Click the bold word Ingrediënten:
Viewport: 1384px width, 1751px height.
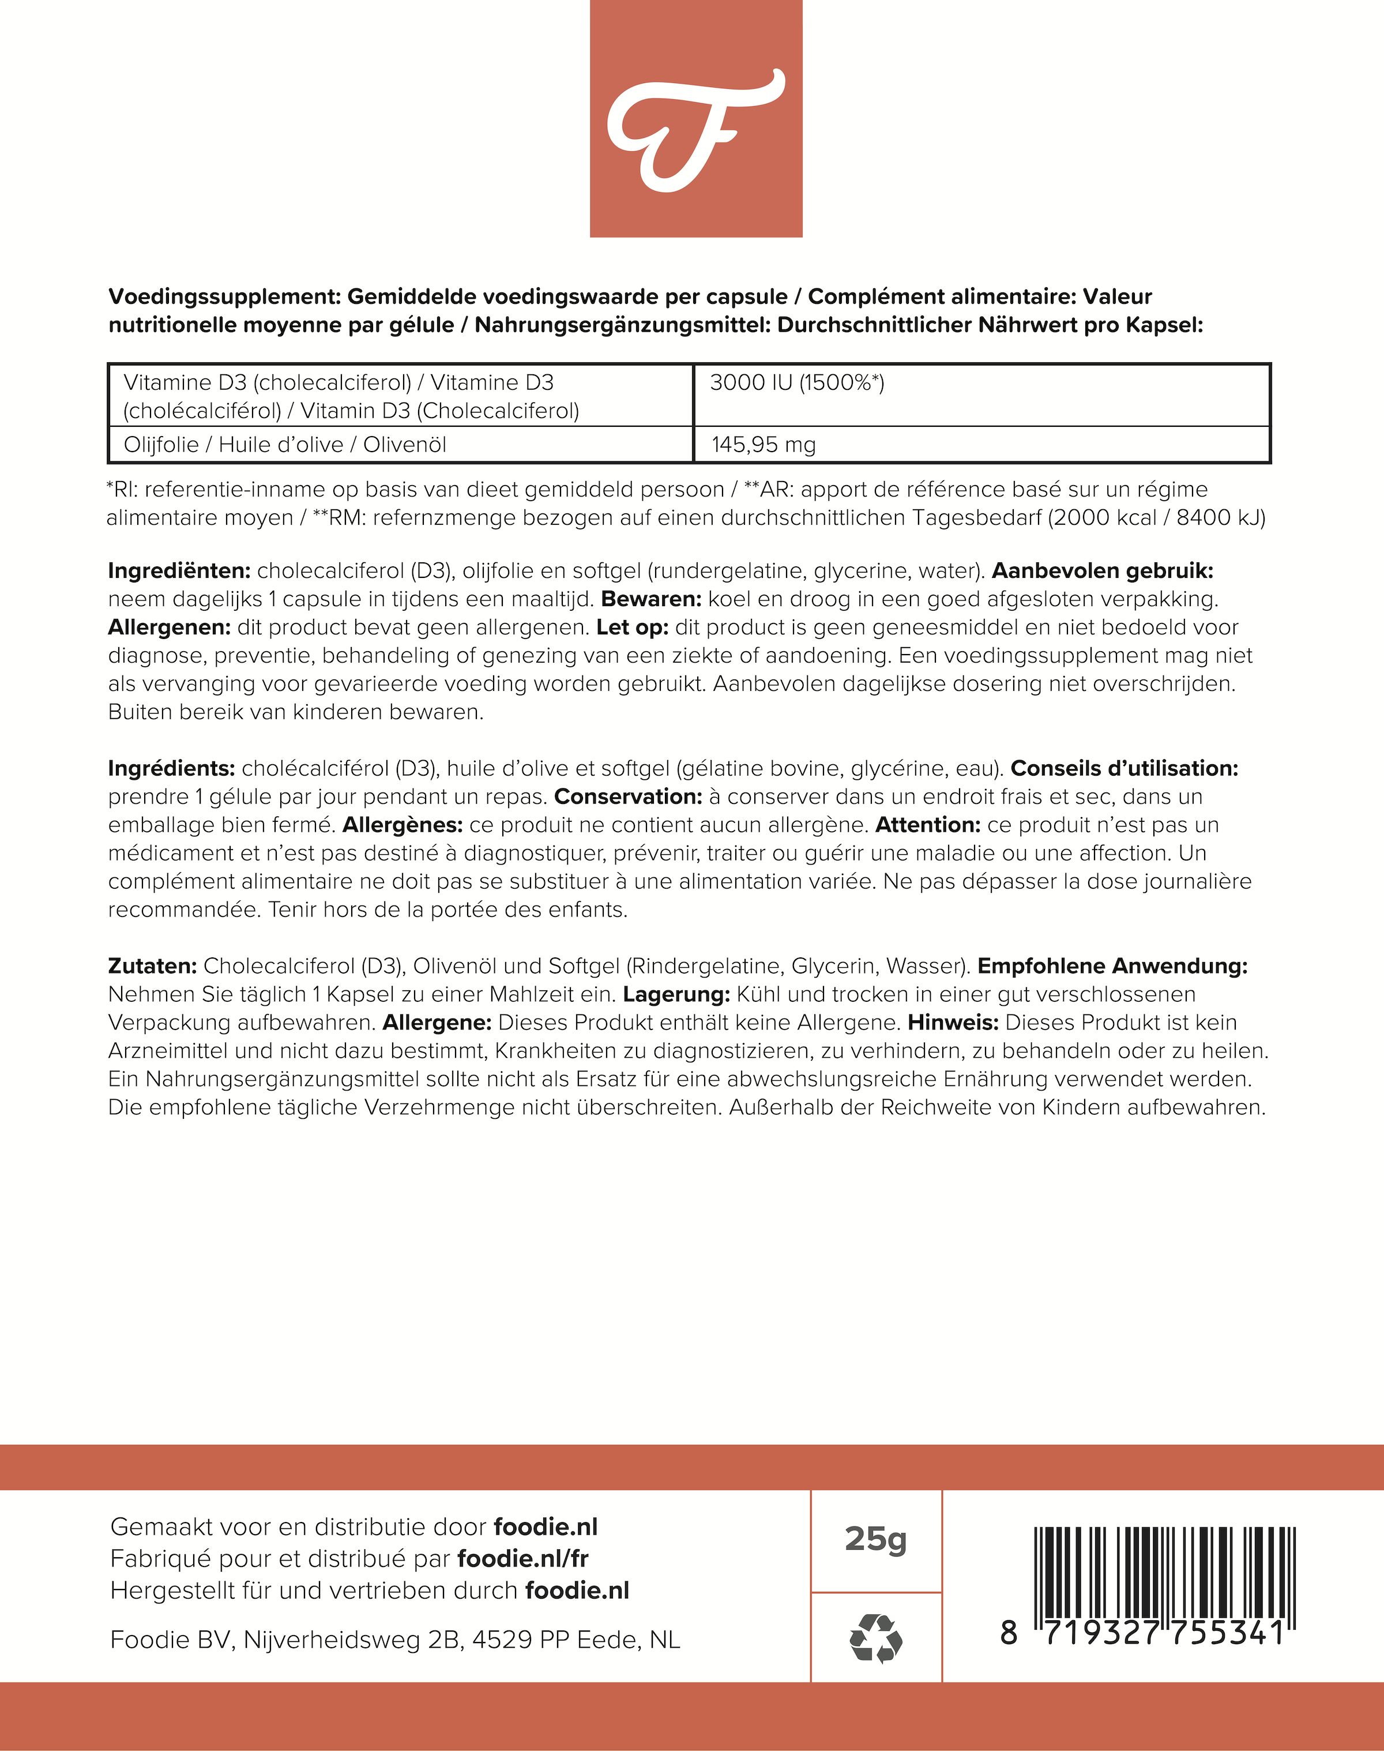179,571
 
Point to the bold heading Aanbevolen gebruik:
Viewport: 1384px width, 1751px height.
1103,571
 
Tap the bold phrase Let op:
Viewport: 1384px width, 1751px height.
632,628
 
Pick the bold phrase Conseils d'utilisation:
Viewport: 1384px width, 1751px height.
1124,768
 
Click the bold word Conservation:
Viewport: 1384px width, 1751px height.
628,796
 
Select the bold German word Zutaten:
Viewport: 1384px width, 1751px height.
152,966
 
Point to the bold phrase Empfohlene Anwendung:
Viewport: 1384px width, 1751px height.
1112,966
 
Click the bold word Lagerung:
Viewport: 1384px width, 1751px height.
676,994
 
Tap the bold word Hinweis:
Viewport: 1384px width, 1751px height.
953,1023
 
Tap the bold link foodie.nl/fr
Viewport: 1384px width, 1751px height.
522,1558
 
